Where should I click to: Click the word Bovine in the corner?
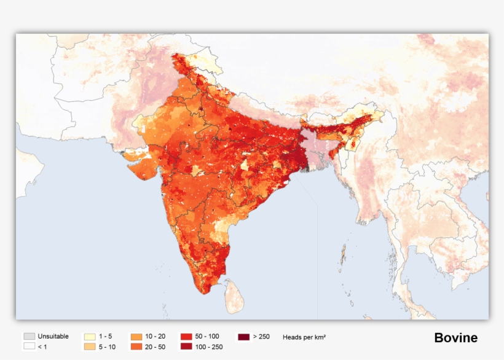coord(455,338)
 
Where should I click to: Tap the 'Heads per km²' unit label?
coord(304,337)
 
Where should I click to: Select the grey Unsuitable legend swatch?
coord(29,337)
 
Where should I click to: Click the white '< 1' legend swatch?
coord(29,347)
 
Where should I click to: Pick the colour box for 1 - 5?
coord(89,337)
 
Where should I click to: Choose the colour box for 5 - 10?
coord(89,347)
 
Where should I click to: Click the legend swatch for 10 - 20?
coord(136,337)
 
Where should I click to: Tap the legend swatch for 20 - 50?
coord(136,347)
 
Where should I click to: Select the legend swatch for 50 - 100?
coord(186,337)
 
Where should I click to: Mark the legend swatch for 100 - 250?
coord(186,347)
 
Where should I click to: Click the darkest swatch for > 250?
coord(243,337)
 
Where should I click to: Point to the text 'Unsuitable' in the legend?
coord(53,337)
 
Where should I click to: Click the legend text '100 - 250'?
coord(210,347)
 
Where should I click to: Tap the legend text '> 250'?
coord(262,337)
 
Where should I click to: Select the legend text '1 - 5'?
coord(106,337)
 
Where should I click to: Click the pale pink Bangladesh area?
coord(317,147)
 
